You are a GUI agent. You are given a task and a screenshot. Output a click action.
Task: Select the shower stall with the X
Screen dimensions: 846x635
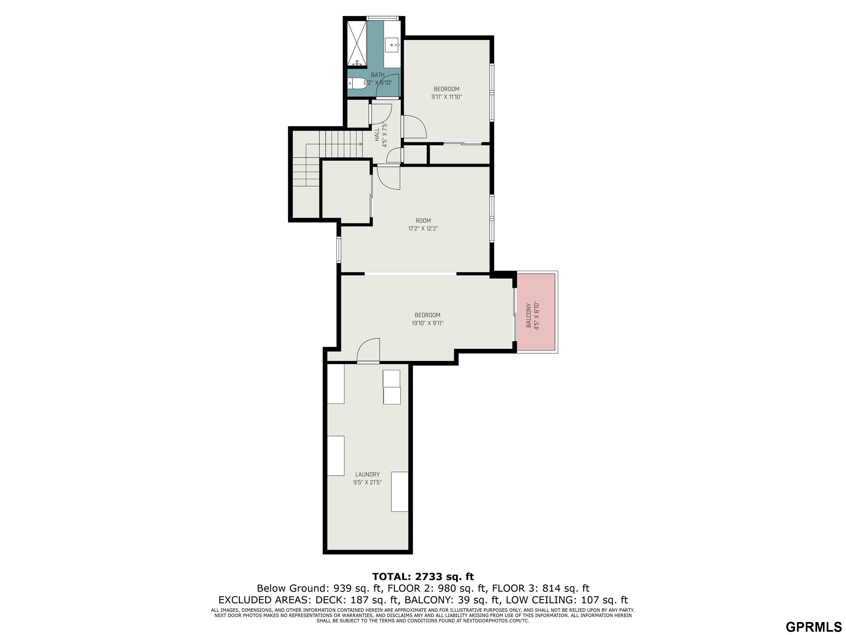(356, 44)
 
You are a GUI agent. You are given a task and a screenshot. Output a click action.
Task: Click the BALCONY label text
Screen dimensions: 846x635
(528, 315)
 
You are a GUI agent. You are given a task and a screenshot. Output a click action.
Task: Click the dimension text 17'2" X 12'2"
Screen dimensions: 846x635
(423, 229)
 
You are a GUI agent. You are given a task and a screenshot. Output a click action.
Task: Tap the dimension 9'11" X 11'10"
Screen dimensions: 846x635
(447, 97)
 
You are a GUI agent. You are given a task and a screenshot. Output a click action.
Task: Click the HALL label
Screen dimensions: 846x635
(377, 135)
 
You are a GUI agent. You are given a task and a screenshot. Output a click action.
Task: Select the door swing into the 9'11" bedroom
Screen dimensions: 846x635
(415, 127)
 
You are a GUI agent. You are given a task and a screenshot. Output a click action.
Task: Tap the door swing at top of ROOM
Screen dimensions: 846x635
(389, 177)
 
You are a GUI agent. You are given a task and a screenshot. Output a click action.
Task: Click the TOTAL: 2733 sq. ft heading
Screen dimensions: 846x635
(423, 577)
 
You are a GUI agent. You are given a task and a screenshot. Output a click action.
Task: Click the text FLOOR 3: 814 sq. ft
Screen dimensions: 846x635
(540, 588)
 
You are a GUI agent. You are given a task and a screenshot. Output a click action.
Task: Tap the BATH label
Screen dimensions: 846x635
(378, 75)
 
